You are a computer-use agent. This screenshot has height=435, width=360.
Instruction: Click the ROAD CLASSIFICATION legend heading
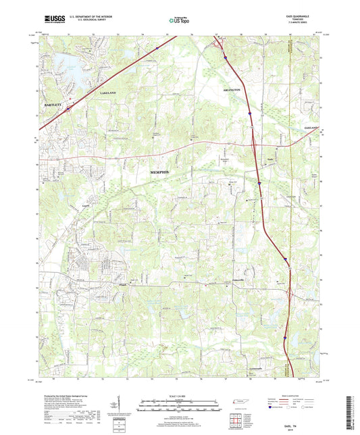[x=296, y=392]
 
